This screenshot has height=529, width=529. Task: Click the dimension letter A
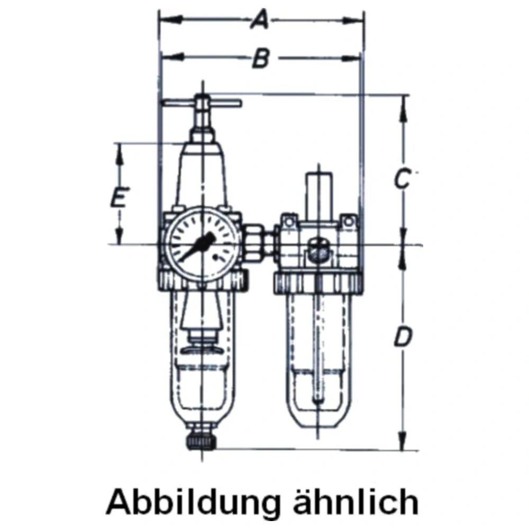pyautogui.click(x=259, y=21)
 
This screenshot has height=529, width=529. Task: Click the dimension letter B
pyautogui.click(x=260, y=59)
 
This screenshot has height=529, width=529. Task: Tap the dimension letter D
pyautogui.click(x=403, y=337)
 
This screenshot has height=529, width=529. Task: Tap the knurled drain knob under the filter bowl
pyautogui.click(x=202, y=441)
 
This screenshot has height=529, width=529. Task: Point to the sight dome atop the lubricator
pyautogui.click(x=319, y=190)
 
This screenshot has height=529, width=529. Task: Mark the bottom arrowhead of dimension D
pyautogui.click(x=404, y=443)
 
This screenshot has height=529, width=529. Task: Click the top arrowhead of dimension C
pyautogui.click(x=404, y=101)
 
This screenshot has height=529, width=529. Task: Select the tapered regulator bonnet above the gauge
pyautogui.click(x=203, y=175)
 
